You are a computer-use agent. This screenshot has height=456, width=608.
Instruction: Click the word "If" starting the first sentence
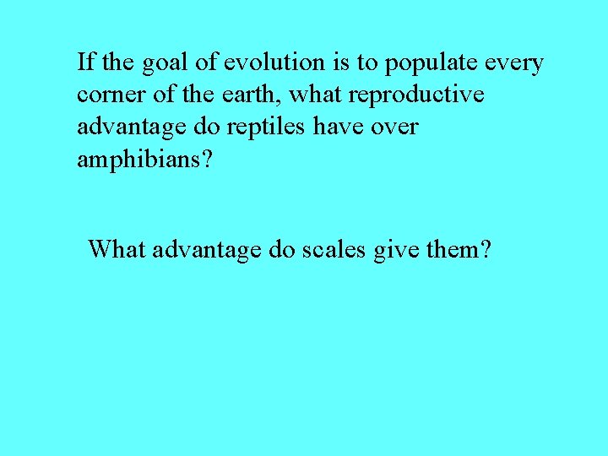point(84,62)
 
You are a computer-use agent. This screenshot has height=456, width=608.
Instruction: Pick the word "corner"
point(107,95)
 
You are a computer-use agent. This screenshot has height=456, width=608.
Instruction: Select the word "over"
point(395,128)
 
